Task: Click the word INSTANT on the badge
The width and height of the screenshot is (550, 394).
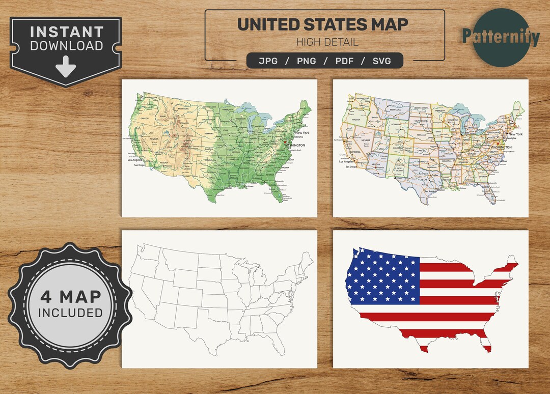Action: [x=66, y=32]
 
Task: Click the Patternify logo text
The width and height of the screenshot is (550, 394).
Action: [x=501, y=37]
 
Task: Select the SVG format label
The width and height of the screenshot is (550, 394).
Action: [x=381, y=61]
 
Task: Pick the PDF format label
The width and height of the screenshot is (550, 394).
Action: [x=345, y=61]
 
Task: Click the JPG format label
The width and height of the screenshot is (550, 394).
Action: [x=269, y=61]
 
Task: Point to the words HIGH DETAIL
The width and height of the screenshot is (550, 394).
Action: [x=327, y=42]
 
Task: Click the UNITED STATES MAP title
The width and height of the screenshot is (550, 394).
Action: [x=323, y=24]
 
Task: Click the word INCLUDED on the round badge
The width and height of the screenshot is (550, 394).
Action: [x=70, y=313]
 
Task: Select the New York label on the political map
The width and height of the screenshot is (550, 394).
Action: [x=515, y=134]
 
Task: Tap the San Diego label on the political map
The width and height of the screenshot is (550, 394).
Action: [x=350, y=166]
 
